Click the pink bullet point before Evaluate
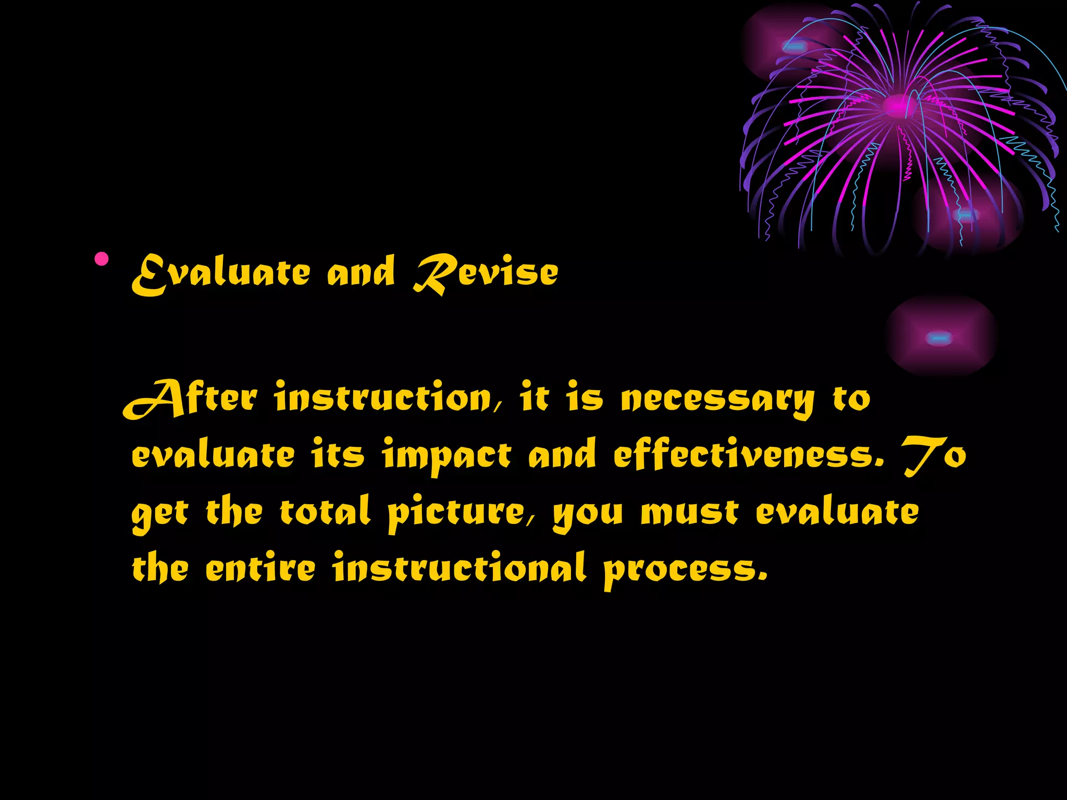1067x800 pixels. [102, 259]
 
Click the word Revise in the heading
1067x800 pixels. [486, 272]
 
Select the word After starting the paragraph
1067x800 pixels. [190, 399]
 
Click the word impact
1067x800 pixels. [446, 456]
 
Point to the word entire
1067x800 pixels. [260, 568]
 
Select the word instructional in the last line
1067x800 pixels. [460, 568]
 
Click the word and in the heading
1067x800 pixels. [361, 272]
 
